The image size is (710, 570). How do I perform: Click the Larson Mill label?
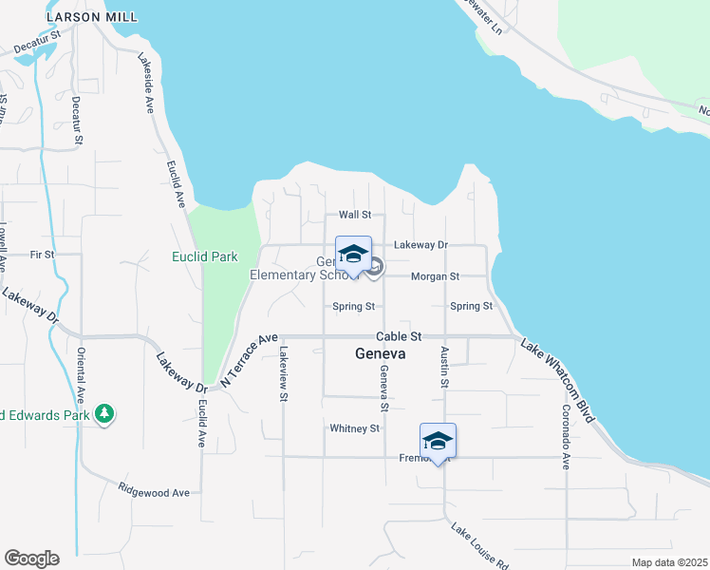[x=91, y=17]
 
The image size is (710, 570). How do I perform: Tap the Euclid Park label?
[x=204, y=256]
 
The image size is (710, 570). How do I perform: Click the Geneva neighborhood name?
[x=380, y=353]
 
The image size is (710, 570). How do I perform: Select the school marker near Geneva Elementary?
[x=353, y=255]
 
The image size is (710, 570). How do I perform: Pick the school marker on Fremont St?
[x=438, y=442]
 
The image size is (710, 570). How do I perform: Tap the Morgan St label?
[x=435, y=276]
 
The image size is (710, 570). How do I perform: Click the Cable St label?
[x=399, y=336]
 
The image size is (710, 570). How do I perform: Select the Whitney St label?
[x=354, y=428]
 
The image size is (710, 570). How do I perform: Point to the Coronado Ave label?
[x=565, y=437]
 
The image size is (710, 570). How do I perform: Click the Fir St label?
[x=42, y=255]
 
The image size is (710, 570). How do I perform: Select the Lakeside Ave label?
[x=147, y=83]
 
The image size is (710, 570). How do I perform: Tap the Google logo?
[x=31, y=559]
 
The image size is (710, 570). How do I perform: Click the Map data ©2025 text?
[x=669, y=562]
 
